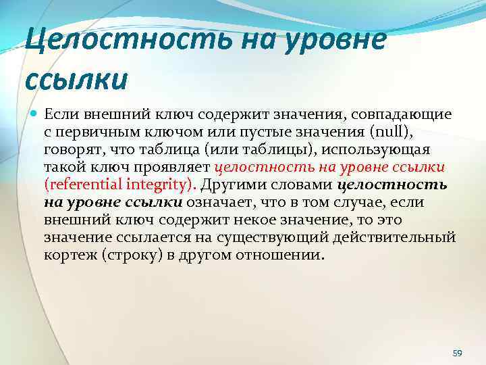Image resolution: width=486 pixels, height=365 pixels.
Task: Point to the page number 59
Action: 457,353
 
